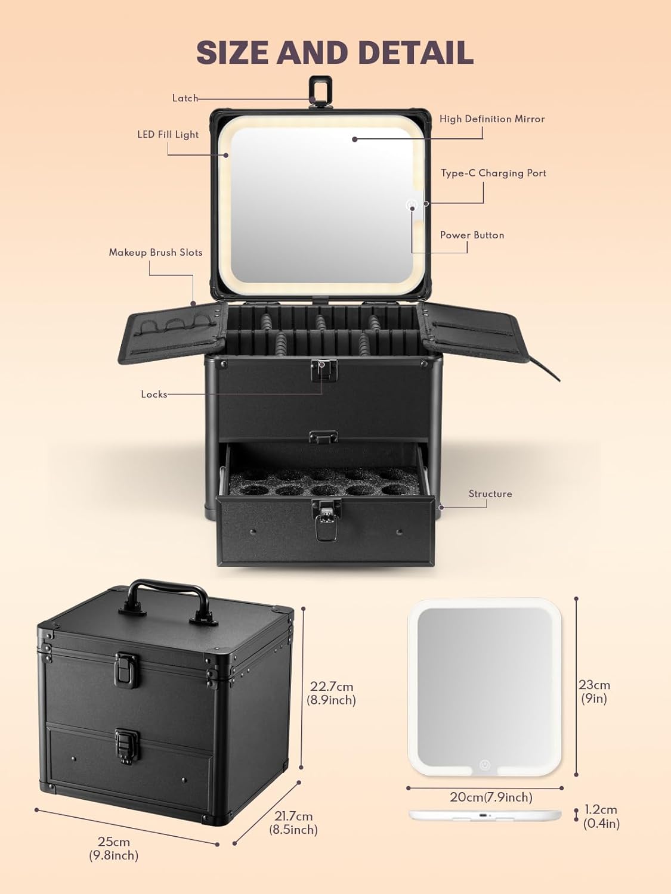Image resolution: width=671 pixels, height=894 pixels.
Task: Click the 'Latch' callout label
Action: pyautogui.click(x=185, y=98)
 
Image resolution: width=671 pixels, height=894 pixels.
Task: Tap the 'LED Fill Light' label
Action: pyautogui.click(x=168, y=135)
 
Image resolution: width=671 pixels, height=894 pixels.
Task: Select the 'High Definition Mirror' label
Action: pyautogui.click(x=492, y=119)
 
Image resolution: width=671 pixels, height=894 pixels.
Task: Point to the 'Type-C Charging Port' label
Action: pyautogui.click(x=493, y=173)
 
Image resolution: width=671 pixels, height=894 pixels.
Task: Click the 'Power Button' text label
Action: pyautogui.click(x=472, y=235)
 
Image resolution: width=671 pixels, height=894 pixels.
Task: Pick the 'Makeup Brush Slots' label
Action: pyautogui.click(x=155, y=253)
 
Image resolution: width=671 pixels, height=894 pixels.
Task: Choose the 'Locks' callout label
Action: pyautogui.click(x=154, y=395)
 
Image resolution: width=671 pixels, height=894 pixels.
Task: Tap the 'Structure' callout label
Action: pyautogui.click(x=490, y=494)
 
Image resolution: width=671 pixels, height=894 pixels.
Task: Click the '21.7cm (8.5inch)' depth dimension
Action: pyautogui.click(x=293, y=822)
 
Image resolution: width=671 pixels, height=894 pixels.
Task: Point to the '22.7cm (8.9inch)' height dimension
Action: pyautogui.click(x=332, y=693)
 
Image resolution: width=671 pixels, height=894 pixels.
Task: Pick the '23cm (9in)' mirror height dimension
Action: pyautogui.click(x=594, y=691)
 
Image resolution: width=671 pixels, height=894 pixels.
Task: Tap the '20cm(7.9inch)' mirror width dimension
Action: pyautogui.click(x=491, y=797)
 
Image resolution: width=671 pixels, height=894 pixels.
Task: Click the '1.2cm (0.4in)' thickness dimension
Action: pyautogui.click(x=601, y=817)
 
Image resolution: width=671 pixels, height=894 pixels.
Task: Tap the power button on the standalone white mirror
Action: pyautogui.click(x=484, y=765)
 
